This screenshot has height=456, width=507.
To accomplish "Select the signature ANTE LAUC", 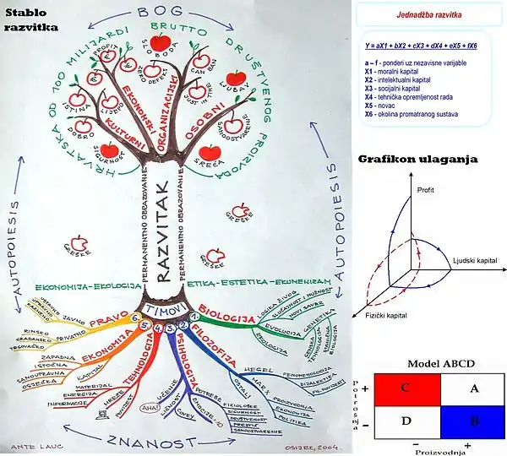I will click(x=25, y=446).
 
